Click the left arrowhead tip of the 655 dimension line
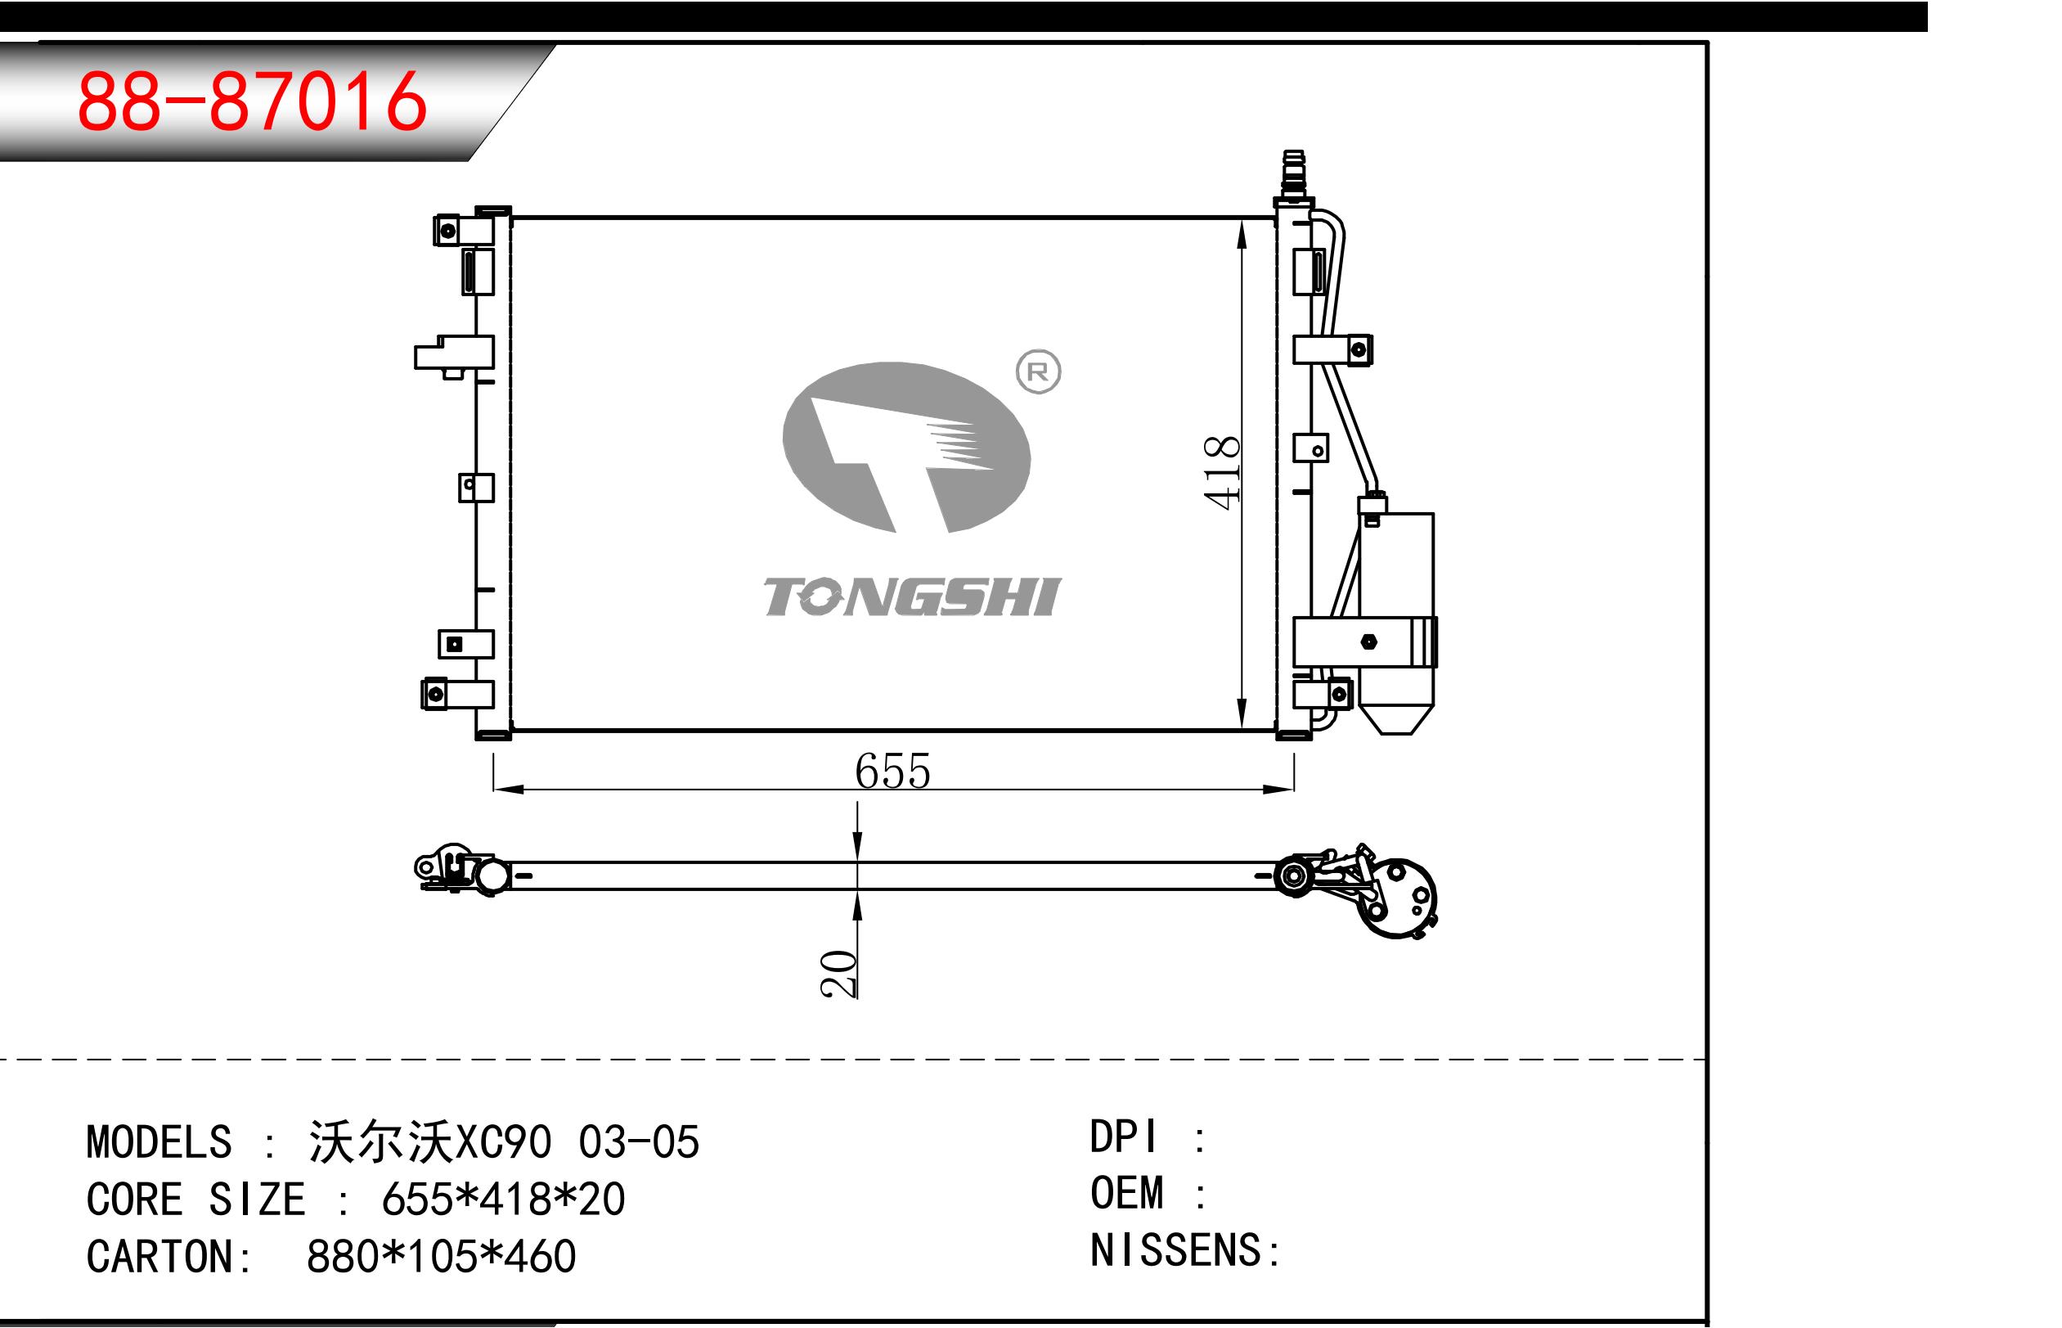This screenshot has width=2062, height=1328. (x=494, y=789)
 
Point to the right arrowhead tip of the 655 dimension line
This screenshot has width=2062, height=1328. (x=1293, y=789)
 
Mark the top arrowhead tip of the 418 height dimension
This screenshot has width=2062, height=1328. (x=1242, y=219)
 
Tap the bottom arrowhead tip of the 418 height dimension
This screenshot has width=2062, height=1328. (x=1242, y=730)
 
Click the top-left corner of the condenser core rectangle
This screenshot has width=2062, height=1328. (x=512, y=218)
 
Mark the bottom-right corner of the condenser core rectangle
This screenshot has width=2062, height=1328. (x=1276, y=731)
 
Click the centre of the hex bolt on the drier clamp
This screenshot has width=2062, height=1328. (x=1368, y=641)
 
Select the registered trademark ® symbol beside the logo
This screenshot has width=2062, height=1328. (x=1038, y=371)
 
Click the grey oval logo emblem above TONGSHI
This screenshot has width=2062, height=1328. (x=906, y=447)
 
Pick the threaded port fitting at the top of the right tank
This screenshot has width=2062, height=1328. (x=1293, y=173)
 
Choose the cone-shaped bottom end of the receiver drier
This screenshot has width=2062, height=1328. (x=1395, y=720)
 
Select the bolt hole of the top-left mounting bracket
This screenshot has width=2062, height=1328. (x=447, y=231)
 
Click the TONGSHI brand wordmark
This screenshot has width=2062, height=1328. (x=912, y=596)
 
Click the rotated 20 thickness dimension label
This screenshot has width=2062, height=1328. (x=838, y=975)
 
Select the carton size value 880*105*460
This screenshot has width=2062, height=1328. (x=442, y=1257)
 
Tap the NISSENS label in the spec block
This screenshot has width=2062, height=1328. (x=1176, y=1250)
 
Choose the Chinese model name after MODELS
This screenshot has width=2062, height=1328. (x=380, y=1141)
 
